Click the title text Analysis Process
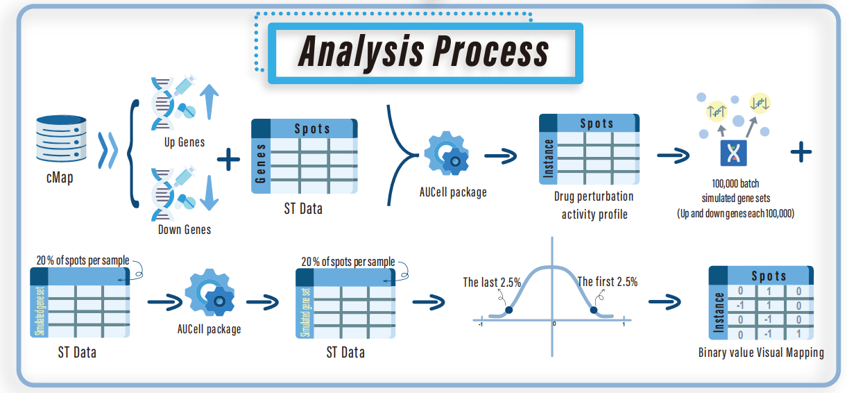click(x=424, y=52)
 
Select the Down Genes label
click(x=184, y=230)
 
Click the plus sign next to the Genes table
click(x=228, y=161)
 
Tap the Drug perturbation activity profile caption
click(x=594, y=206)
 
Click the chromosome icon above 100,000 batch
click(x=733, y=152)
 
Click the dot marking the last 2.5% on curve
click(x=508, y=310)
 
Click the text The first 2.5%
click(x=607, y=282)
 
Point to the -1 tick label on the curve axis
click(x=481, y=326)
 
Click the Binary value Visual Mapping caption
click(x=761, y=353)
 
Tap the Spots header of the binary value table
click(x=769, y=276)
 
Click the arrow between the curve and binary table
click(x=664, y=302)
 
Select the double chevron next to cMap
click(x=108, y=151)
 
